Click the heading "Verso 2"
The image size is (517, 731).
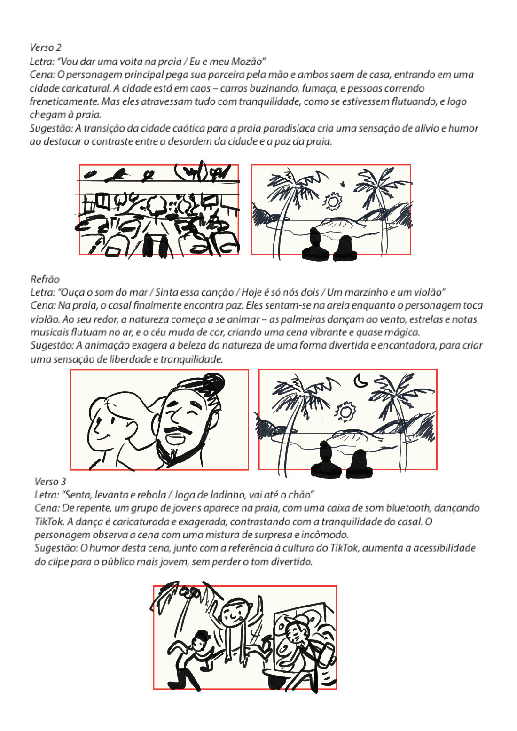pos(46,47)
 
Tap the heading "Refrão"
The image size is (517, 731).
pos(45,279)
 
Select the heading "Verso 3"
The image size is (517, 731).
pos(50,482)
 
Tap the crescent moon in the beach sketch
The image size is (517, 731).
pos(360,381)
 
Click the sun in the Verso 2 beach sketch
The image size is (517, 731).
pos(333,202)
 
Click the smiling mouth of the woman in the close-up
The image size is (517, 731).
pos(113,435)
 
